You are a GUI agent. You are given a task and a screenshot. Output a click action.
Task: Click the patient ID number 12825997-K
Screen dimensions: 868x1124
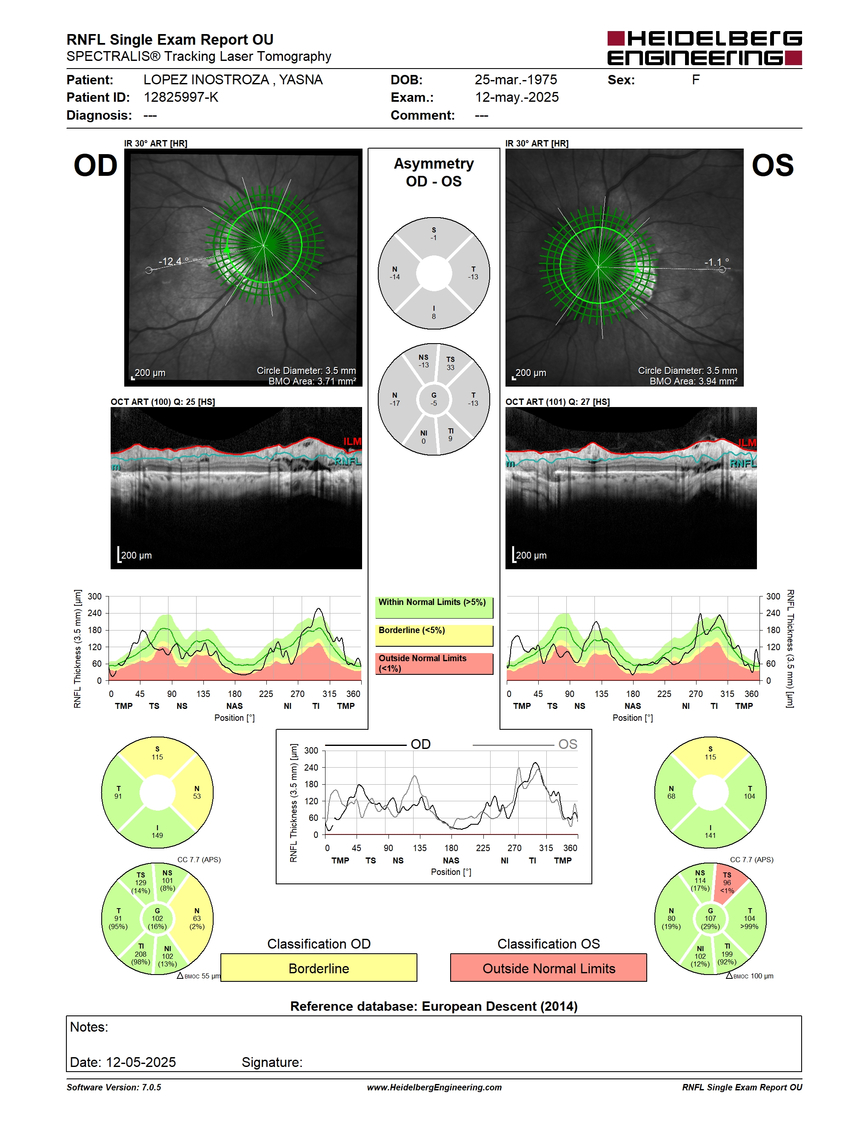coord(181,97)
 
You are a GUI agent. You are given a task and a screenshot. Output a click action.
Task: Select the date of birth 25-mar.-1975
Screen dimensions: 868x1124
coord(516,80)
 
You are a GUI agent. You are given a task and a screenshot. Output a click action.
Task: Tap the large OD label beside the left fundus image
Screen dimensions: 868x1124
coord(96,166)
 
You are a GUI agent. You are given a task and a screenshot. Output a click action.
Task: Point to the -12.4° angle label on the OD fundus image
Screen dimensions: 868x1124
coord(173,261)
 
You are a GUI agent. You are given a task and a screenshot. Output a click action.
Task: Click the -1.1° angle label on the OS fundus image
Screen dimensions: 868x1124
coord(716,262)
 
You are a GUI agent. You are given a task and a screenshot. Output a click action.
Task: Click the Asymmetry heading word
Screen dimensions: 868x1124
coord(434,163)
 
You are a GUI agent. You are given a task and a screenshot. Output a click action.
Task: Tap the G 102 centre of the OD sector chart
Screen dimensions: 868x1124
coord(157,919)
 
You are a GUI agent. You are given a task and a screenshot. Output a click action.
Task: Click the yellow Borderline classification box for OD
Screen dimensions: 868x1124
coord(319,968)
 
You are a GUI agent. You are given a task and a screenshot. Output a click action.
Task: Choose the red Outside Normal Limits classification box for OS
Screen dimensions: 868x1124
coord(549,968)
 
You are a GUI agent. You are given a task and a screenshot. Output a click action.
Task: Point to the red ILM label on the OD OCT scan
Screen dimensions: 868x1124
coord(352,442)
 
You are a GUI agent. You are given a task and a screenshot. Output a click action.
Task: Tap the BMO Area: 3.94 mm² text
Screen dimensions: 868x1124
coord(693,381)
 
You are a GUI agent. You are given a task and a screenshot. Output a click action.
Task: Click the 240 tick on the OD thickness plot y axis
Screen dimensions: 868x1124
coord(94,613)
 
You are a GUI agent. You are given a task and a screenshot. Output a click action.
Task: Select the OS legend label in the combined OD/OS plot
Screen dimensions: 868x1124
coord(568,744)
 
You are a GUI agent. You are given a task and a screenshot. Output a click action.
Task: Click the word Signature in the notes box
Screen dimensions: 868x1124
coord(272,1062)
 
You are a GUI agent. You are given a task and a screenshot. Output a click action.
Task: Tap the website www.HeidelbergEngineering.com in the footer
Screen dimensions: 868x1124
coord(434,1087)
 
